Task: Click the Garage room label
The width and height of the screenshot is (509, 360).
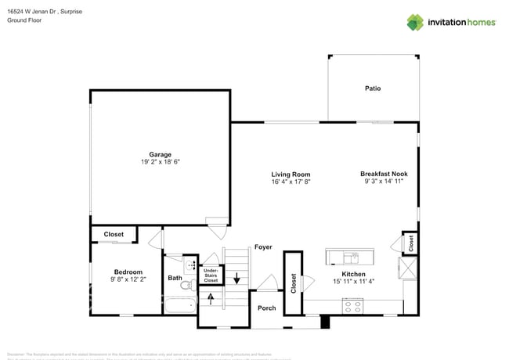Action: click(x=161, y=154)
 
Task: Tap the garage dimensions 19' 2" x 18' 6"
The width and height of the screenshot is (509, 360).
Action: click(x=161, y=162)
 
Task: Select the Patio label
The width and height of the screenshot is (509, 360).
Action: click(x=373, y=88)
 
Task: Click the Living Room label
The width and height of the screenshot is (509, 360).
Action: click(x=291, y=175)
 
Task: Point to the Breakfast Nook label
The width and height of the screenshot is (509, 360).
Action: click(x=384, y=174)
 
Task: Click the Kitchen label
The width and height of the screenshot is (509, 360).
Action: click(x=353, y=274)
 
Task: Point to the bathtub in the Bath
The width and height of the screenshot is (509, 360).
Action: click(x=180, y=305)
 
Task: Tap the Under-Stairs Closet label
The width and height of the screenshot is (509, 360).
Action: click(x=211, y=274)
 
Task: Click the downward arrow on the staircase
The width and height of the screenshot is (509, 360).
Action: click(x=238, y=276)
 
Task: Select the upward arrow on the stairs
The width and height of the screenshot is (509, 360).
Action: click(x=210, y=297)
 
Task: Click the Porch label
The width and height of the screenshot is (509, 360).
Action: click(x=267, y=308)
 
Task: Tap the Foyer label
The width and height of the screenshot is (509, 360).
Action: click(x=263, y=247)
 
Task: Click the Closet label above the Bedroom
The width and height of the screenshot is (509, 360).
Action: click(x=114, y=234)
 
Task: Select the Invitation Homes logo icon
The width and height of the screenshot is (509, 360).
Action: click(x=414, y=22)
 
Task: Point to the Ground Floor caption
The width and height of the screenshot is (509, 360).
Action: click(x=25, y=20)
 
